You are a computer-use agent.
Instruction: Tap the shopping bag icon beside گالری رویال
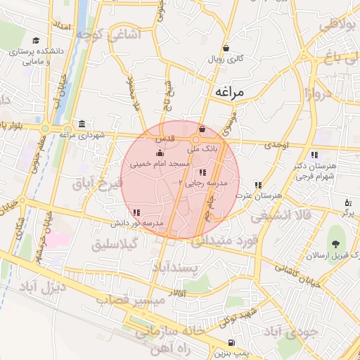pyautogui.click(x=226, y=49)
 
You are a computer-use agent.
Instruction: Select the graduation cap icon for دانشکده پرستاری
pyautogui.click(x=36, y=41)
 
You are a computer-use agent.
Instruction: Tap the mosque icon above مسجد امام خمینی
pyautogui.click(x=160, y=153)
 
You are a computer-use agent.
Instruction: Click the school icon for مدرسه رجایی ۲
pyautogui.click(x=202, y=172)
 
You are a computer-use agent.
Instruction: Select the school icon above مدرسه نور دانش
pyautogui.click(x=136, y=212)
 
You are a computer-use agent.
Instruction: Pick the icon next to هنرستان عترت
pyautogui.click(x=258, y=185)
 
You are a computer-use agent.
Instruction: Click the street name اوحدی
pyautogui.click(x=276, y=145)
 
